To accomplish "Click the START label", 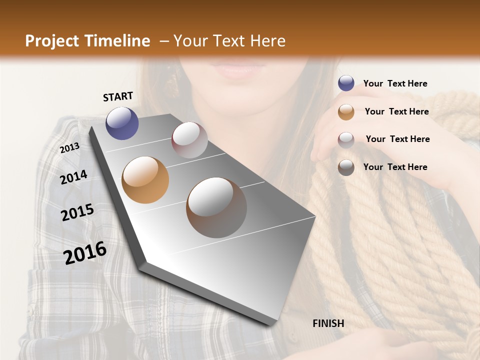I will [118, 96].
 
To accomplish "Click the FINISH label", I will [328, 323].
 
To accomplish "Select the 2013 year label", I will [69, 147].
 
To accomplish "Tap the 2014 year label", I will [73, 177].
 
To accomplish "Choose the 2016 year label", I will [85, 252].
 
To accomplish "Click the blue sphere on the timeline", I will [122, 123].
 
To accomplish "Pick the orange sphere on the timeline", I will [145, 180].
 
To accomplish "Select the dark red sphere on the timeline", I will [189, 140].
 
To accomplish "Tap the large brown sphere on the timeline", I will [216, 207].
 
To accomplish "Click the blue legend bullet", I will [346, 83].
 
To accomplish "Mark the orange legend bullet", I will [346, 111].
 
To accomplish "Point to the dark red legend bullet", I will [346, 139].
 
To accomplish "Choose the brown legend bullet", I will [346, 167].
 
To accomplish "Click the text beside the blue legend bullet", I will [395, 83].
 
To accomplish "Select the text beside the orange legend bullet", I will [396, 111].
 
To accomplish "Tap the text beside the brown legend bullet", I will [395, 167].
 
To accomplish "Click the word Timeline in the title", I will [117, 41].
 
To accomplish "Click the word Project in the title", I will [51, 41].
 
